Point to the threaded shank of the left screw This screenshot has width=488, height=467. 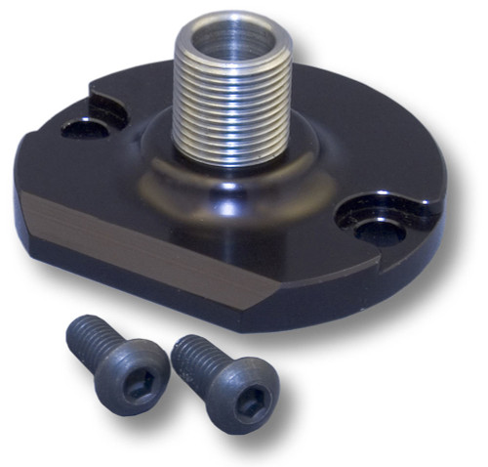[x=87, y=338]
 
